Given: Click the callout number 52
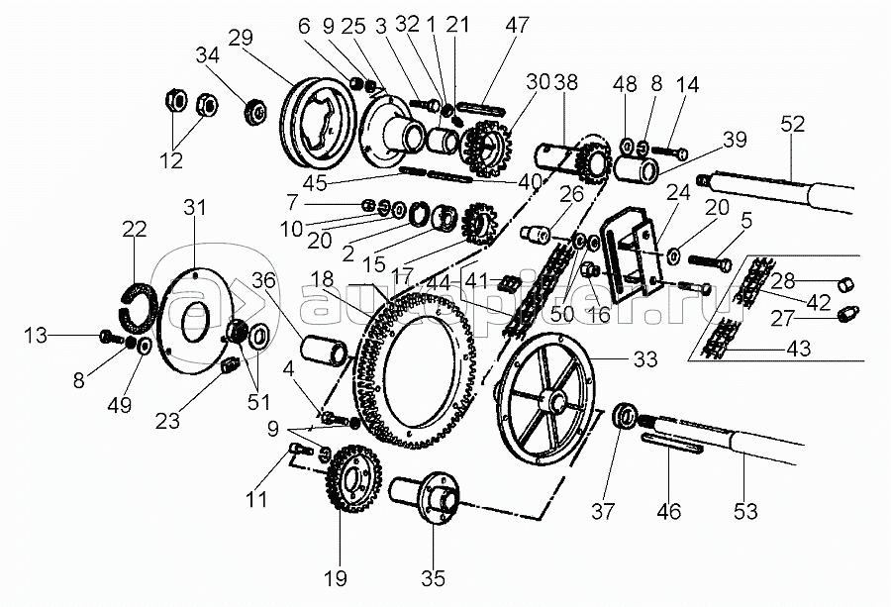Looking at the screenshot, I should [793, 124].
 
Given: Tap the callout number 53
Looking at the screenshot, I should [745, 512].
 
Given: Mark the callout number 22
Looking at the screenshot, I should [134, 228].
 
